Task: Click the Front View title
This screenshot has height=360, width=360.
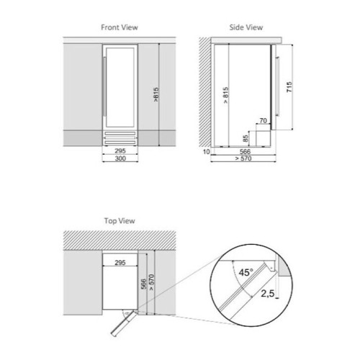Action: pos(120,27)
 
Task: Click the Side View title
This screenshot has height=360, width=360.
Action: pos(246,27)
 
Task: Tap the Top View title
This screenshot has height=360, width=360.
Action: pos(120,221)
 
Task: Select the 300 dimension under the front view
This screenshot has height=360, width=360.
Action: pos(120,158)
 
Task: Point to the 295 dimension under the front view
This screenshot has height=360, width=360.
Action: pos(120,151)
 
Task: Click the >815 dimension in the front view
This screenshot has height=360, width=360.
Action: pos(156,94)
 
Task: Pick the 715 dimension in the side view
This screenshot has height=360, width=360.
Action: pos(289,87)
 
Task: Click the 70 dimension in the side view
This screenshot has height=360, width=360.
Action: pos(264,121)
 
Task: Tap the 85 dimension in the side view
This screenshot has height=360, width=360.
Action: pos(246,138)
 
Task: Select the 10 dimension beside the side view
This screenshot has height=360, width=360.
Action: pos(207,152)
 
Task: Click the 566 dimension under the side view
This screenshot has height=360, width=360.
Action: pos(245,151)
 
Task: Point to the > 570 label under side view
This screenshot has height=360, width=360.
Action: pos(243,158)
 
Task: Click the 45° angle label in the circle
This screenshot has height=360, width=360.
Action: pos(246,272)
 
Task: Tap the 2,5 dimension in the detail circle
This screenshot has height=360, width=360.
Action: pos(268,293)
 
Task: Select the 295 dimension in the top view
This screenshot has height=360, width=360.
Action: pos(120,263)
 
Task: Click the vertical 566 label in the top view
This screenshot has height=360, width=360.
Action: pos(143,284)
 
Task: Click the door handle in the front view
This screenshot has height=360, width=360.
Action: pos(104,86)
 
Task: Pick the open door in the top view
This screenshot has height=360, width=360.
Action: pos(123,323)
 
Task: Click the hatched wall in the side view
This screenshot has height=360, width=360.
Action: pos(204,92)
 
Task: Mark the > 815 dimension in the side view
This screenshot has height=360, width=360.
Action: pos(225,95)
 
